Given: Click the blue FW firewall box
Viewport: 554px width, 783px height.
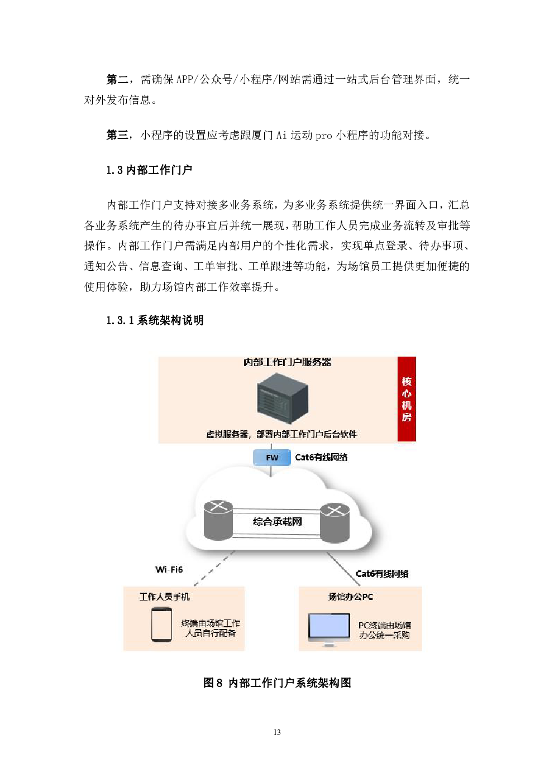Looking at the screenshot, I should pos(272,458).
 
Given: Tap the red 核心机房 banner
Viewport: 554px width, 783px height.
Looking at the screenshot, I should pos(407,399).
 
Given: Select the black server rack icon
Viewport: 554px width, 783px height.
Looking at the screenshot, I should pos(283,399).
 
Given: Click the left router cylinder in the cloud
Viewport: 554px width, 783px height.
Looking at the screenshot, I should pos(218,520).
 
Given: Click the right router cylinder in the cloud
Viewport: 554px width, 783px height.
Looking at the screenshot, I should pos(335,523).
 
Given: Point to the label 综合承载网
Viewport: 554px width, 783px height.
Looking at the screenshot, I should pos(277,522).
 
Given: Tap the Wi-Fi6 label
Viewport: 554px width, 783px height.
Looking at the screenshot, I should pos(169,569).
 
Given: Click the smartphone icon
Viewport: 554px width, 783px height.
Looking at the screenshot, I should pos(161,625).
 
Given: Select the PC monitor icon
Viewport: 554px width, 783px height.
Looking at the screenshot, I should pos(329,629).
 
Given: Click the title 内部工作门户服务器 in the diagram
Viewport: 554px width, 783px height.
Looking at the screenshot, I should pos(287,362).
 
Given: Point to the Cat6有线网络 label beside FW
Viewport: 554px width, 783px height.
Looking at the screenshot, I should pos(321,457).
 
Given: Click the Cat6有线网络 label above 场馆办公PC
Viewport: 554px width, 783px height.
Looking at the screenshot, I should pos(382,574).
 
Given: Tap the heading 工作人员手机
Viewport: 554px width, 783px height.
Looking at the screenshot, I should pos(165,597).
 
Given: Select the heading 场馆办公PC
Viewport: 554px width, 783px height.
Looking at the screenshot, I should pos(351,597).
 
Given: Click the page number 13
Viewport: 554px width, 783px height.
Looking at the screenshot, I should pos(277,732).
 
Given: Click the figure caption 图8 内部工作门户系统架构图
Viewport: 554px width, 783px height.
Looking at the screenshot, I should pos(277,683).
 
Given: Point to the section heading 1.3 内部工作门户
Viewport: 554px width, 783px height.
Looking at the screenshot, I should pos(149,170).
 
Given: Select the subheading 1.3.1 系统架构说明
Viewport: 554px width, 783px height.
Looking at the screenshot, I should pos(155,320).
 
